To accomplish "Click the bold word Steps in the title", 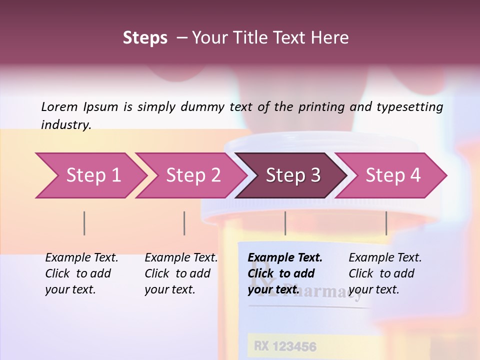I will point(145,38).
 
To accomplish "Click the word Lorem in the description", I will point(59,106).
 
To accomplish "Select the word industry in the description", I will point(65,125).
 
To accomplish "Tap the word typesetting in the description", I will point(410,107).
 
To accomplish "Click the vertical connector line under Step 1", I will point(84,223).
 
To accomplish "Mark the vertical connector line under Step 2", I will point(184,223).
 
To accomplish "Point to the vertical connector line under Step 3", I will point(285,223).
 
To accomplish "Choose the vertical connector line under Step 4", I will point(386,223).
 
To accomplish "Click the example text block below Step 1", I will point(81,273).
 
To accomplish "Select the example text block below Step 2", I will point(181,273).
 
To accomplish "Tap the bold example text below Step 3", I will point(285,273).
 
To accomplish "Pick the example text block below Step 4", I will point(385,273).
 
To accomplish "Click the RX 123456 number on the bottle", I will point(285,346).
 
